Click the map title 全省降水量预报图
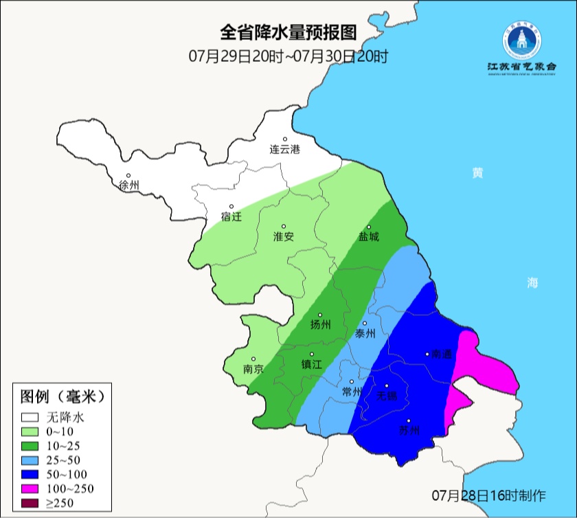[288, 32]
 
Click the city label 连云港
[284, 149]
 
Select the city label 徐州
[128, 185]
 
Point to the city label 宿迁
[231, 216]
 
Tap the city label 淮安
[284, 236]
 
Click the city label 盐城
[368, 237]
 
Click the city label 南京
[253, 369]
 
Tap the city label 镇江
[311, 364]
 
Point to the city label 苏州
[409, 431]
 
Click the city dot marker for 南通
[428, 354]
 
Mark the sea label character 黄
[477, 173]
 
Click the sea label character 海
[532, 282]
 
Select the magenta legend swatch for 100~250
[30, 488]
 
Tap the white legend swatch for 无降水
[30, 416]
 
